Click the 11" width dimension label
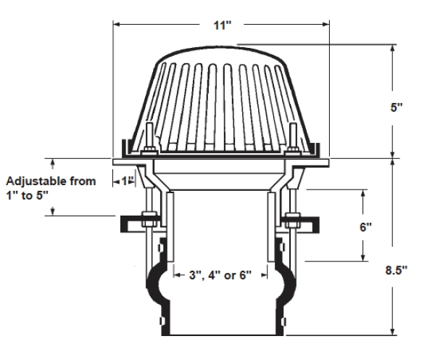click(223, 25)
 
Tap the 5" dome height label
click(397, 107)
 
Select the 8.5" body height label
click(397, 270)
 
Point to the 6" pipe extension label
click(365, 227)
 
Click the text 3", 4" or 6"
click(220, 275)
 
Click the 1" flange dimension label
click(128, 181)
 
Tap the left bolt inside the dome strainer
click(149, 138)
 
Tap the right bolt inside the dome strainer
click(293, 138)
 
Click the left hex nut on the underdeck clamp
click(149, 219)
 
